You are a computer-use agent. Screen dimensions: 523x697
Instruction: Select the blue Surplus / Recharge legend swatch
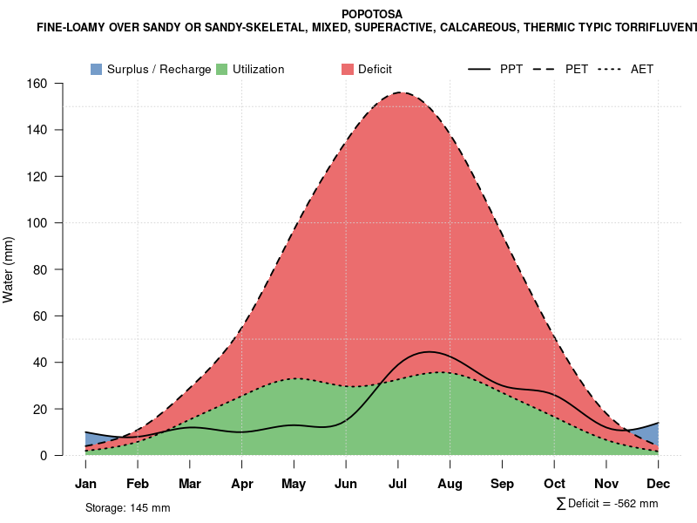click(x=97, y=69)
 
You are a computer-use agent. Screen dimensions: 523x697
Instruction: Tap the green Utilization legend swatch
click(x=222, y=69)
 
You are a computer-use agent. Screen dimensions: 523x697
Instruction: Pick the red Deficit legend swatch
click(x=347, y=69)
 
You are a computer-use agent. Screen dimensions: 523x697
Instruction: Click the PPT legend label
click(x=511, y=69)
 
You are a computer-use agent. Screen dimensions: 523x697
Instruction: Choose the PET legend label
click(x=577, y=69)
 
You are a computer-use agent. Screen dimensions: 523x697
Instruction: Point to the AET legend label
click(x=642, y=69)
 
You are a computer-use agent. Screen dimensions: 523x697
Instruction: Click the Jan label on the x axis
click(x=85, y=484)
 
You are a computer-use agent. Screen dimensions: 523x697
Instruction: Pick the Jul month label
click(x=398, y=484)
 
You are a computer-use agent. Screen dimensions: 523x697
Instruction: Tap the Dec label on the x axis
click(x=659, y=484)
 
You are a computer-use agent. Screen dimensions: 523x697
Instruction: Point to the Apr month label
click(x=242, y=484)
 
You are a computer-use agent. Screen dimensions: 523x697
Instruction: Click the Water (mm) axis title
click(x=9, y=269)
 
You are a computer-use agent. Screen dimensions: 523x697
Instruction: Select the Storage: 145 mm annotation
click(x=127, y=507)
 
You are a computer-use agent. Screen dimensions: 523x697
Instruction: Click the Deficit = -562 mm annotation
click(x=607, y=504)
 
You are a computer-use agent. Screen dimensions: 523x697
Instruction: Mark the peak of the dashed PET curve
click(x=401, y=92)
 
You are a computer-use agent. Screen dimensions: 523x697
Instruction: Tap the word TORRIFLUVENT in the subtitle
click(x=652, y=28)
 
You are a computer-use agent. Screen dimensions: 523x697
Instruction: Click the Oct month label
click(x=554, y=484)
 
